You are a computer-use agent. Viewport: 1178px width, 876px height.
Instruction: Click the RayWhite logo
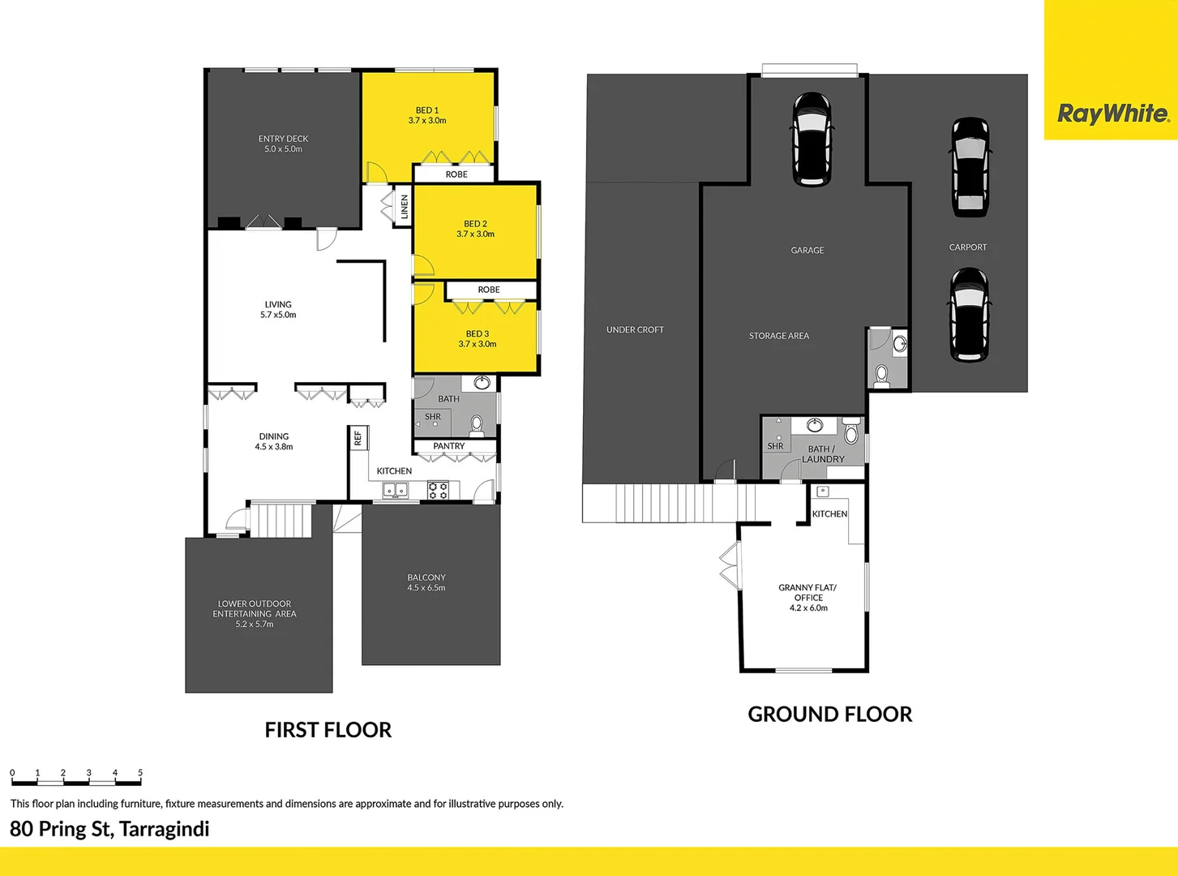pos(1112,113)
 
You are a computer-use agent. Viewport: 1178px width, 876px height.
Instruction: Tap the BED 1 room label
pos(427,115)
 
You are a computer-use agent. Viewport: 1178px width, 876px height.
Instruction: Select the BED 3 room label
pos(477,339)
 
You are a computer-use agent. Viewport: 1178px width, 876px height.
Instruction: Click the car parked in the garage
pos(811,140)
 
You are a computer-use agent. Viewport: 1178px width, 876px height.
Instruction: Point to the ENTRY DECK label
pos(283,144)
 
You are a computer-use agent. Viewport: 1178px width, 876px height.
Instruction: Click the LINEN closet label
pos(405,207)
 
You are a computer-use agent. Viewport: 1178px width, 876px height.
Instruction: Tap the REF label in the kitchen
pos(358,438)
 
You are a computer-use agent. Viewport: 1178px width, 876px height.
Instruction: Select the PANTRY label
pos(449,446)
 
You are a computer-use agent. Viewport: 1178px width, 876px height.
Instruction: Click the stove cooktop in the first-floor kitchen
pos(438,490)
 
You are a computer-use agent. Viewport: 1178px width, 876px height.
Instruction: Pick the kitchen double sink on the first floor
pos(396,490)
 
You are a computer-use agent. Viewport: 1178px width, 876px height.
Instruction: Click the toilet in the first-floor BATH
pos(477,424)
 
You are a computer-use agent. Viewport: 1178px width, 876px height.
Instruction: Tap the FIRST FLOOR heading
pos(328,730)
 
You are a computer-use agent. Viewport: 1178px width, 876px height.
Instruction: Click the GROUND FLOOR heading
pos(829,714)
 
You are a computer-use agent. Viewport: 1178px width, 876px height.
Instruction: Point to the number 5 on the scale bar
pos(140,773)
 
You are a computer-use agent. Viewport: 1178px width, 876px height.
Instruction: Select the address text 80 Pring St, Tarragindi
pos(109,829)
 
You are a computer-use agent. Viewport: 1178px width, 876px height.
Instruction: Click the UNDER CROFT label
pos(635,329)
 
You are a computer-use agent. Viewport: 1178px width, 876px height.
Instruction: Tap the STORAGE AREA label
pos(778,336)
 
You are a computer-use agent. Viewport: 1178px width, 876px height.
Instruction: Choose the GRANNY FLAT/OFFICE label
pos(807,597)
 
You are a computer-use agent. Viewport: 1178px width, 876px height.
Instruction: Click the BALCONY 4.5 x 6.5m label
pos(426,582)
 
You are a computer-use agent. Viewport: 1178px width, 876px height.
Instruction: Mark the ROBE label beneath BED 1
pos(456,174)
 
